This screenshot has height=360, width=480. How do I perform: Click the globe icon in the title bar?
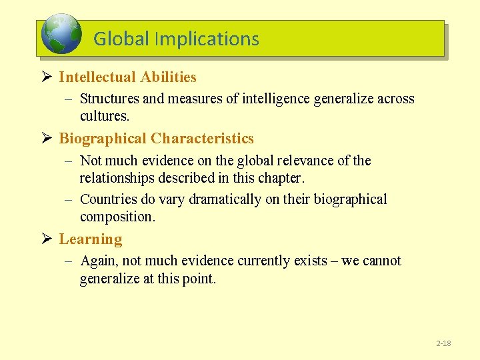pos(61,35)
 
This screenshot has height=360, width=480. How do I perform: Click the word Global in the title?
pos(121,39)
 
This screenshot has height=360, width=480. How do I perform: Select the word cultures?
pos(104,116)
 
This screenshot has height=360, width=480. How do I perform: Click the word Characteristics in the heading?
pos(202,139)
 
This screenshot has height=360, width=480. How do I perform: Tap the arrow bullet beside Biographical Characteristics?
pos(46,139)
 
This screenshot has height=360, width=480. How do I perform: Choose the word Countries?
pos(109,199)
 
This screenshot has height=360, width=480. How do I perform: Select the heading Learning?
pos(91,239)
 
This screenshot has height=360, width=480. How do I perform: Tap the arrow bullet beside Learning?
pos(46,239)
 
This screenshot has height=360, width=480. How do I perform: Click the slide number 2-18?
pos(443,343)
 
